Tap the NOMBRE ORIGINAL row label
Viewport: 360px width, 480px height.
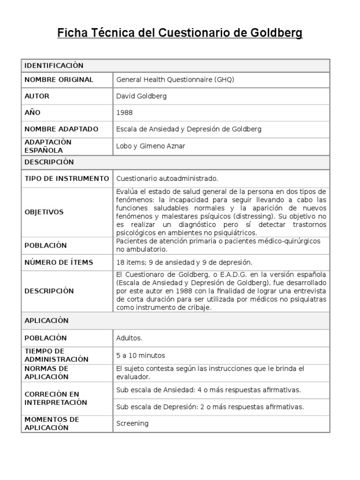pos(59,80)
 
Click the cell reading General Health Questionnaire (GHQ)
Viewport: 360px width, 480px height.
pos(175,80)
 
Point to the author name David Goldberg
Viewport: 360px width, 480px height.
pos(141,96)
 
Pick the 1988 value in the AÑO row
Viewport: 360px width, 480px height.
pos(124,112)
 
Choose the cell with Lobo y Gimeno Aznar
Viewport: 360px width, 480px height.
pos(150,146)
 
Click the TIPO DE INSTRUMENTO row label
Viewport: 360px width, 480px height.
pos(66,179)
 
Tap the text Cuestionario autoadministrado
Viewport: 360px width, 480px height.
pos(167,179)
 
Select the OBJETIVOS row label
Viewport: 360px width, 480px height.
pos(44,212)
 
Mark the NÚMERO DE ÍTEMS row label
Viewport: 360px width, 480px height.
pos(59,262)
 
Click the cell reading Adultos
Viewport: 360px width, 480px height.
pos(129,338)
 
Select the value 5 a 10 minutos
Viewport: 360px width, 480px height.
pos(141,355)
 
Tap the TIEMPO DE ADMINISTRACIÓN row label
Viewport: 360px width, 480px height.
pos(56,355)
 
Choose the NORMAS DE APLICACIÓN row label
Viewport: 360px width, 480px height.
pos(47,372)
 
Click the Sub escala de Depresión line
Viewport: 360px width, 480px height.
pos(210,406)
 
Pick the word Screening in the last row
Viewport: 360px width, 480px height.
pos(132,423)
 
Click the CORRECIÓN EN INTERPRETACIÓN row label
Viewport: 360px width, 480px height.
pos(55,398)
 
